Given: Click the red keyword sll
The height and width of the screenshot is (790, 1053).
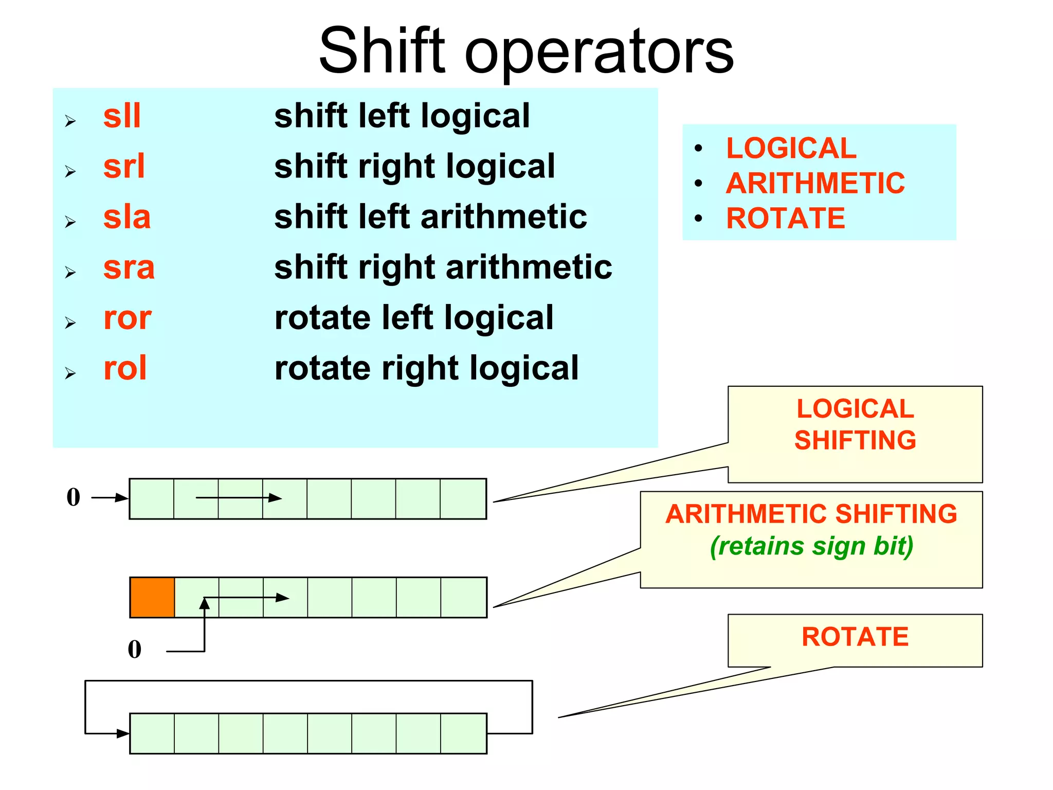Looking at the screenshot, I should click(x=122, y=116).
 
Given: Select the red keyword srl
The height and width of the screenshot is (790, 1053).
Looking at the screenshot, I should click(x=124, y=166).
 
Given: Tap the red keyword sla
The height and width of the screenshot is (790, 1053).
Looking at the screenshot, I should click(x=127, y=217).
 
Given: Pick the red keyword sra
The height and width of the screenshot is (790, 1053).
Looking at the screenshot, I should click(x=129, y=267).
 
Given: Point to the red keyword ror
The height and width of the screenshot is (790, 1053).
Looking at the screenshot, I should click(x=128, y=317).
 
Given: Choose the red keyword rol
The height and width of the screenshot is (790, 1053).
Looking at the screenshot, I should click(x=125, y=368).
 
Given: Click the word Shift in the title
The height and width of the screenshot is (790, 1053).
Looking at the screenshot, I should click(x=382, y=50).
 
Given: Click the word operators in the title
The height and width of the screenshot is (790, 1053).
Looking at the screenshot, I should click(x=599, y=51).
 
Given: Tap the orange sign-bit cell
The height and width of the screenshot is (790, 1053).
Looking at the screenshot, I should click(x=152, y=597).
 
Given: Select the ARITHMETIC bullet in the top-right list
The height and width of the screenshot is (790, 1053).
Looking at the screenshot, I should click(x=815, y=183).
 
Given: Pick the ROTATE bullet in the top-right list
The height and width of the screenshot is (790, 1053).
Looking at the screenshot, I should click(x=786, y=218).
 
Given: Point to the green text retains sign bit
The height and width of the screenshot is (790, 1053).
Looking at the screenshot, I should click(x=811, y=546).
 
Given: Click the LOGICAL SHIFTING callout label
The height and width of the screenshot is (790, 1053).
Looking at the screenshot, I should click(x=855, y=424).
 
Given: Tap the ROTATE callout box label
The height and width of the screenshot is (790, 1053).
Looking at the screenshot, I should click(x=855, y=637).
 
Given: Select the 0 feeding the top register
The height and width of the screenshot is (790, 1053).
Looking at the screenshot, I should click(x=74, y=497).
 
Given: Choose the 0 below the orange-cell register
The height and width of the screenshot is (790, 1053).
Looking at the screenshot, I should click(x=135, y=649).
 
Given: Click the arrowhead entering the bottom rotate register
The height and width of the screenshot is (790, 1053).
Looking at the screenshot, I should click(x=123, y=733).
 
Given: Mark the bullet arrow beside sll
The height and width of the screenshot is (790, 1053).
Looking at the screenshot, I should click(x=70, y=121).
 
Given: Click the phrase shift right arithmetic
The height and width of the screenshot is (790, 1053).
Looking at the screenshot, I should click(x=443, y=267).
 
